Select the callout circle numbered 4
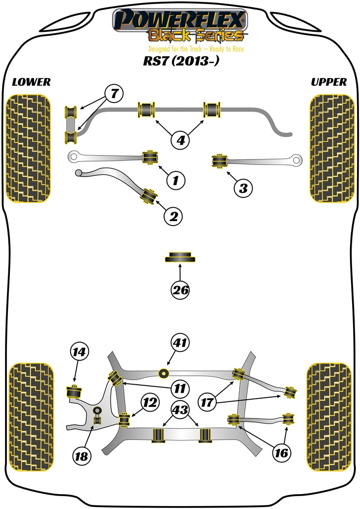pos(180,140)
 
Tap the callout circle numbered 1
pos(175,180)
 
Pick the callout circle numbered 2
pos(174,216)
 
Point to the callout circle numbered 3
pos(243,188)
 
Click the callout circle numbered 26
pos(180,290)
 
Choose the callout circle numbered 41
pos(180,342)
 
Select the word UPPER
pos(329,82)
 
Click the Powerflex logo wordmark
pos(180,20)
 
